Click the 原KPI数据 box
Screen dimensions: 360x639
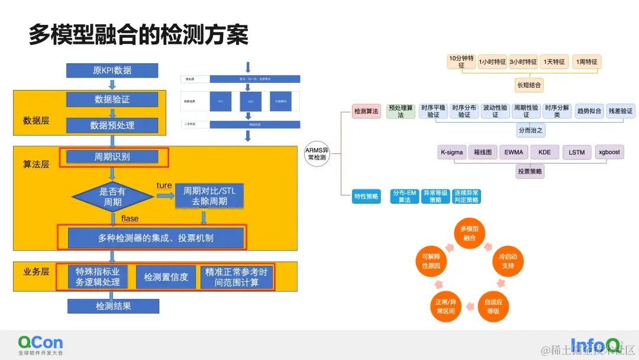coord(112,70)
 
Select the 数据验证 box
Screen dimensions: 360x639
coord(112,99)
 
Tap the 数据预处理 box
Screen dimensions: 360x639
coord(112,125)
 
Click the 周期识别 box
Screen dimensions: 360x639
coord(112,157)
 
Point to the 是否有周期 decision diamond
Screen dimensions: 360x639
coord(112,197)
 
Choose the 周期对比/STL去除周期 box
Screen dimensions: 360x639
coord(209,197)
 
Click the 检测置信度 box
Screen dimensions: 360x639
coord(166,277)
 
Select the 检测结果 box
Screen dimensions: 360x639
coord(113,306)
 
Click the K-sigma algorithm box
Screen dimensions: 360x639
coord(451,152)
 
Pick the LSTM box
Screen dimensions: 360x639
coord(576,152)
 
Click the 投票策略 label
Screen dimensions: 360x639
coord(530,172)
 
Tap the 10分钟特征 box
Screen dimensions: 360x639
coord(461,62)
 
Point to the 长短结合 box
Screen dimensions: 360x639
coord(529,85)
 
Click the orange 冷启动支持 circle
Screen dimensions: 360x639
coord(508,262)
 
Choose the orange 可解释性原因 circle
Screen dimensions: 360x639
coord(431,262)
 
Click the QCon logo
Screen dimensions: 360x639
coord(40,345)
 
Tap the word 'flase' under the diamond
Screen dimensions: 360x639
coord(130,218)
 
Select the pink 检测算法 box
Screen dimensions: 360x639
coord(366,111)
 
